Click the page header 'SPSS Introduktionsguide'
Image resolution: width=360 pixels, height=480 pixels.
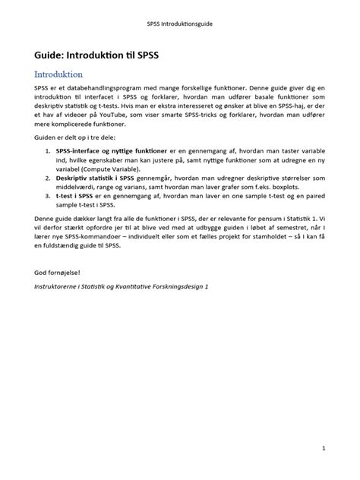180,24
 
